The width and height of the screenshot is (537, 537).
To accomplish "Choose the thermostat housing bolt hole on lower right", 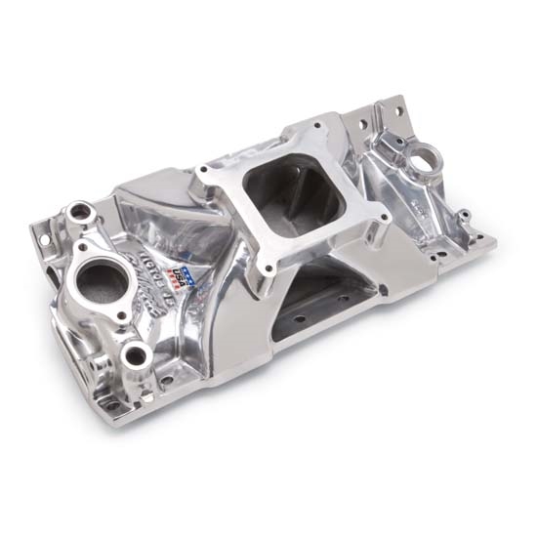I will [x=121, y=314].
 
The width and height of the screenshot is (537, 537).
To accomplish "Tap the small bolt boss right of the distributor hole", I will [x=465, y=214].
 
